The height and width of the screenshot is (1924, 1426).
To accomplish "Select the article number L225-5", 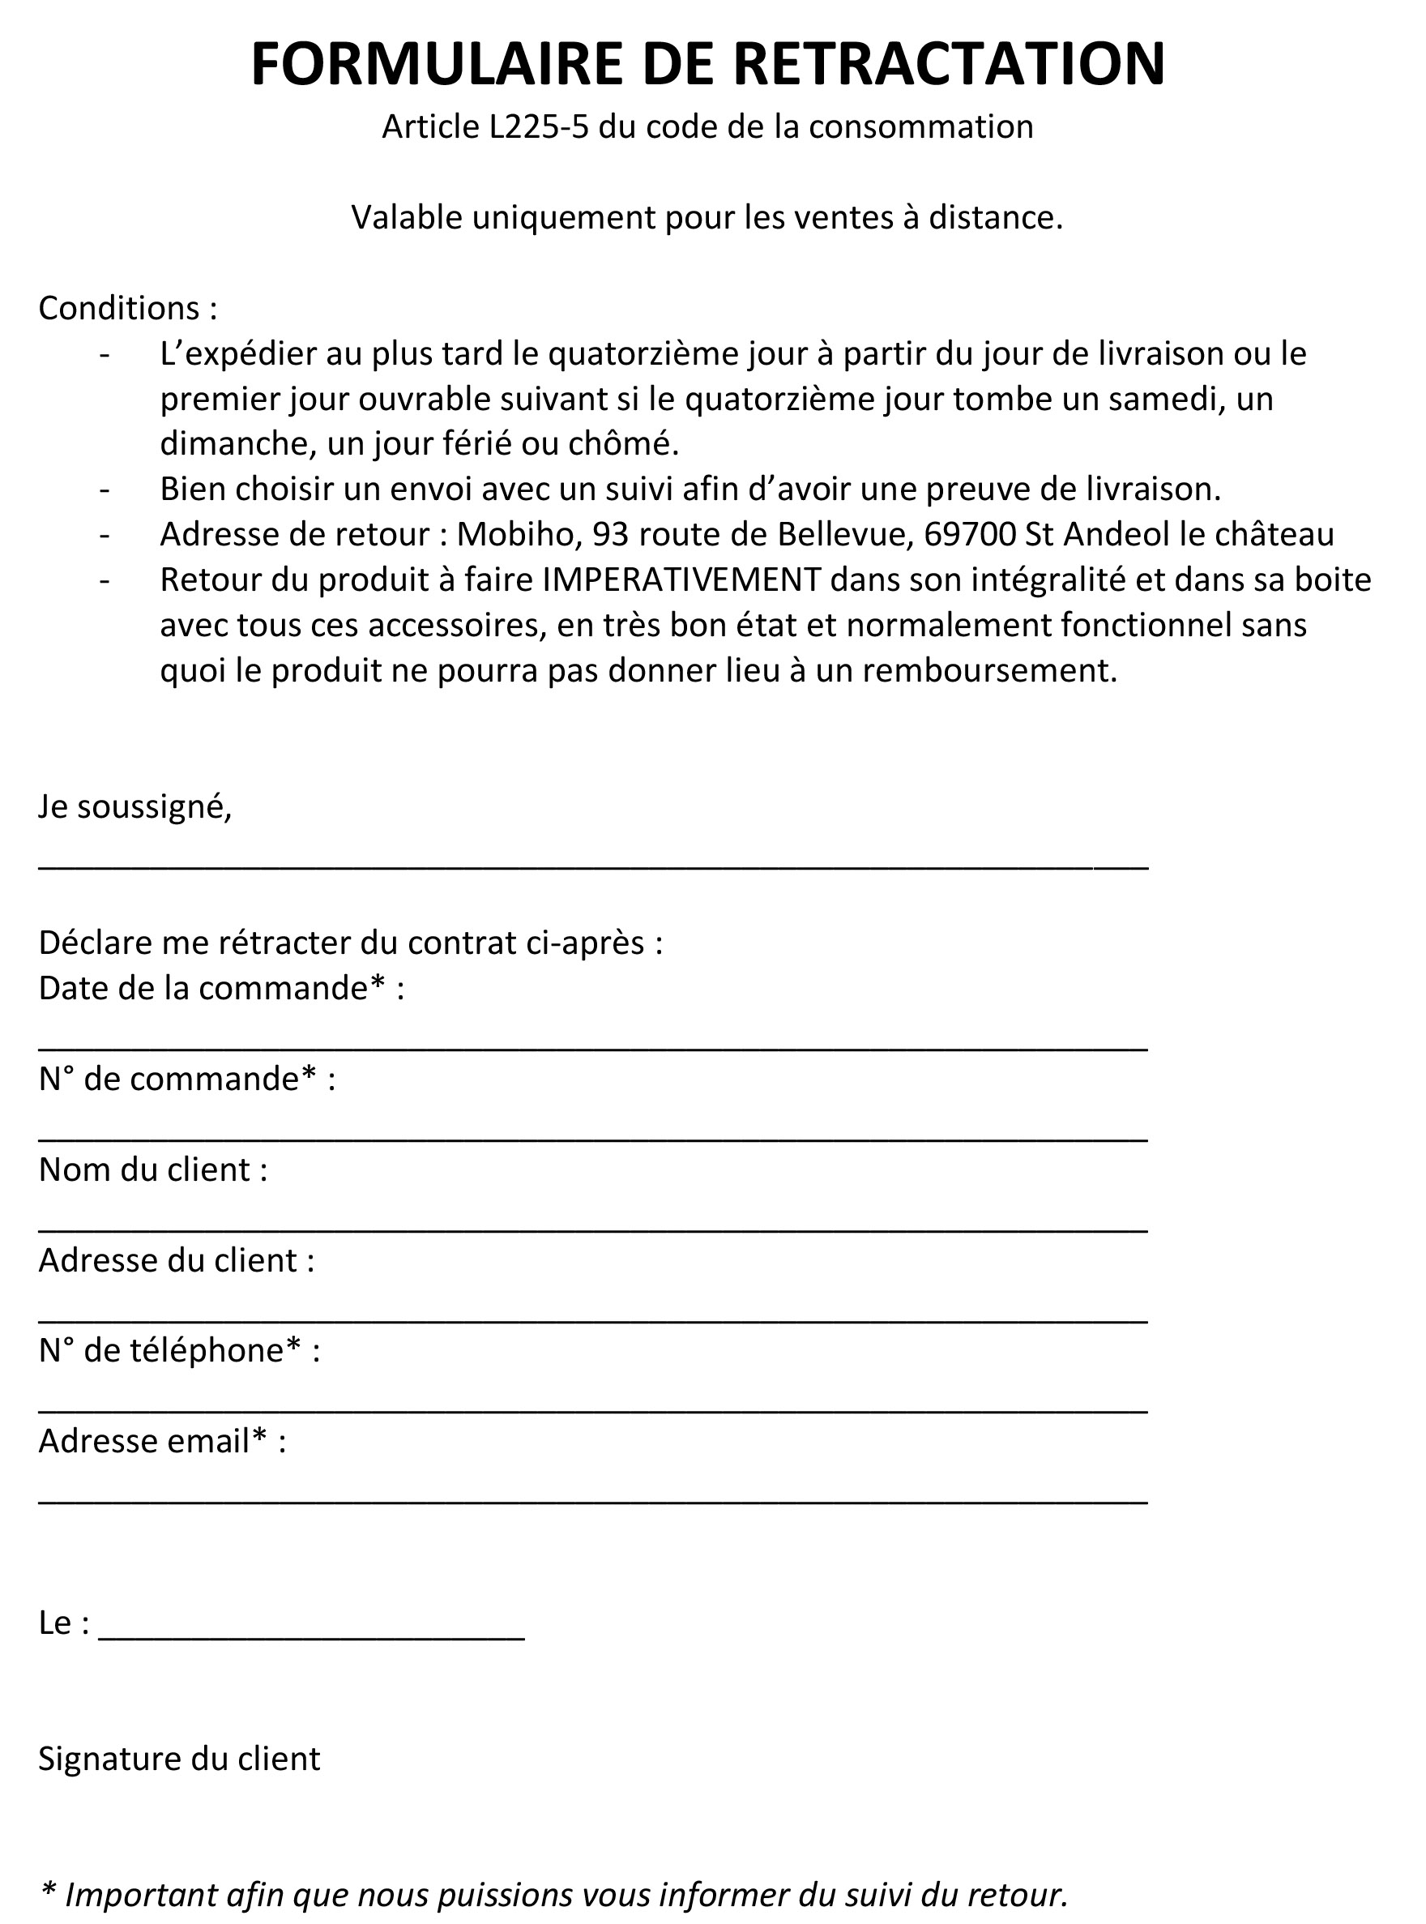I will point(539,127).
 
